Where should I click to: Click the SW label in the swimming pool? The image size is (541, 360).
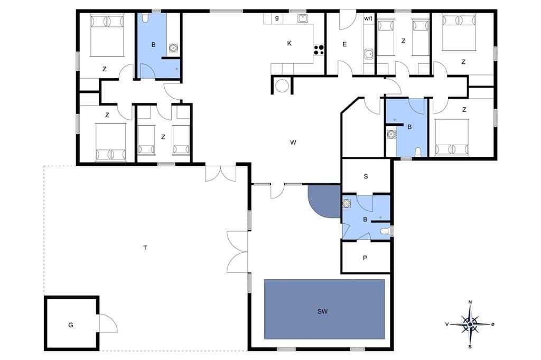pos(322,311)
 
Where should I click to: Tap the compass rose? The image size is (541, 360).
pos(470,324)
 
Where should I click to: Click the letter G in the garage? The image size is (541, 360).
pos(71,325)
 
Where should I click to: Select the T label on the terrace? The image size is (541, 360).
pos(145,248)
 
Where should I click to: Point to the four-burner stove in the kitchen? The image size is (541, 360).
pos(319,50)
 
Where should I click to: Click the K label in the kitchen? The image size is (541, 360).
pos(289,43)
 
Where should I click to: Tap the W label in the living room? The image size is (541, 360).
pos(293,142)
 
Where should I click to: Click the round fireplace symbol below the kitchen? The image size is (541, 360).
pos(282,86)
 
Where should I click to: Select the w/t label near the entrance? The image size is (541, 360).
pos(368,18)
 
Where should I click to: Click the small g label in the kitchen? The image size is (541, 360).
pos(277,17)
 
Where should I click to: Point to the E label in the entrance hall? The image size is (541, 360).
pos(344,44)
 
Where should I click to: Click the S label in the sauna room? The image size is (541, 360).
pos(366,176)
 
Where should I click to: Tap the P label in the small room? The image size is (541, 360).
pos(365,258)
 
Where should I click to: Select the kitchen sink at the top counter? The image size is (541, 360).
pos(303,18)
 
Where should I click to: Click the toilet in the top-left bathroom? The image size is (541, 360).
pos(145,18)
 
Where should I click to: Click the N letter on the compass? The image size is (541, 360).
pos(470,302)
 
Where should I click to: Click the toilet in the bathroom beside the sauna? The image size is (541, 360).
pos(385,231)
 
